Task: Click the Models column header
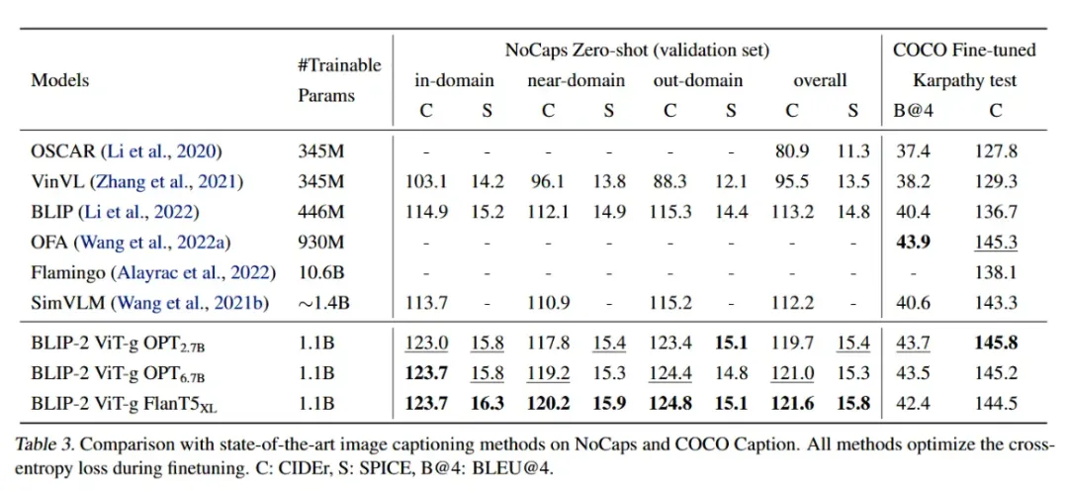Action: coord(61,80)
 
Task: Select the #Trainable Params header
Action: coord(339,80)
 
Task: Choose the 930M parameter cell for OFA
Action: coord(319,242)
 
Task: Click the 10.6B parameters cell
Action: coord(319,272)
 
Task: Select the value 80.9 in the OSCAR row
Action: coord(792,151)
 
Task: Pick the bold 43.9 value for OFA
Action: coord(915,242)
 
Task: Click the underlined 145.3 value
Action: coord(996,242)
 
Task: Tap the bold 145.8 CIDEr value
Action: coord(996,345)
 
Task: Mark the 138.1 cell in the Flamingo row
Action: coord(996,272)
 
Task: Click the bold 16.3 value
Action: coord(487,404)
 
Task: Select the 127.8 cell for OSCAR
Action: coord(996,151)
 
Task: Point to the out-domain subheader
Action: coord(698,80)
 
